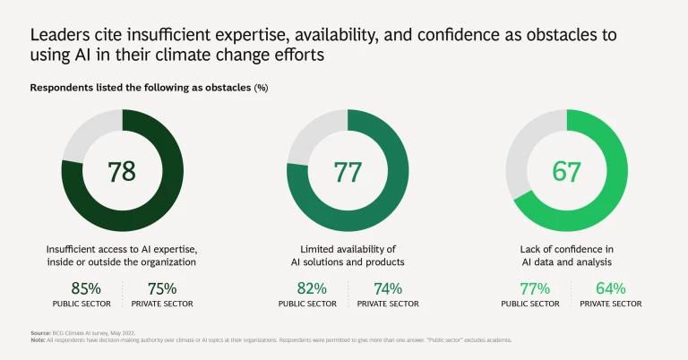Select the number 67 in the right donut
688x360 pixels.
coord(566,171)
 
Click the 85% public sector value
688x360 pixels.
coord(86,288)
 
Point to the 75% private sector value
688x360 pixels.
coord(161,288)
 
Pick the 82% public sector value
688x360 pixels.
coord(312,288)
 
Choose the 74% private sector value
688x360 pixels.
coord(386,288)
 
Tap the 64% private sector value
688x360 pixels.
coord(609,288)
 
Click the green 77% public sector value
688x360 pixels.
coord(535,288)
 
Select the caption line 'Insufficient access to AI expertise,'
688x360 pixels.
coord(123,248)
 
